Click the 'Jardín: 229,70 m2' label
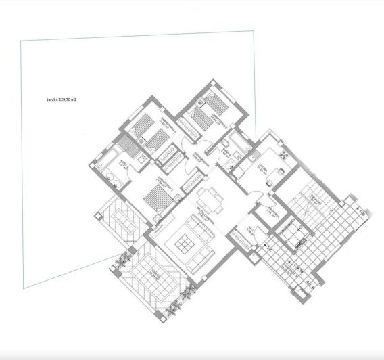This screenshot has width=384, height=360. tap(61, 99)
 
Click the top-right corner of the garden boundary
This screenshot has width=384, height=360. tap(254, 30)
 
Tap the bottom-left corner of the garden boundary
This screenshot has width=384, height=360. tap(24, 288)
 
